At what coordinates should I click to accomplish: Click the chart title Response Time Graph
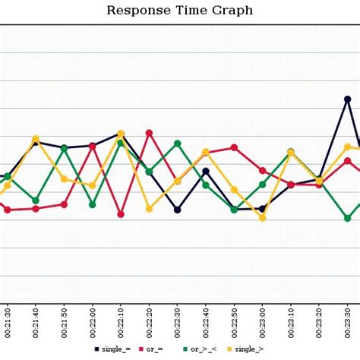coord(179,11)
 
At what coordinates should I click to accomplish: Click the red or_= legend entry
coord(156,349)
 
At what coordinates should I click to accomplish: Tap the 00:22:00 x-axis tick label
coord(93,322)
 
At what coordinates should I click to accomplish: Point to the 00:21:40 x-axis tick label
coord(36,322)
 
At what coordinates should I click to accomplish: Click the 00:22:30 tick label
coord(178,322)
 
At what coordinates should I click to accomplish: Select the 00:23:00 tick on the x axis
coord(262,322)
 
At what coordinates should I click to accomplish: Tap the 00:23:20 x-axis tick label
coord(319,322)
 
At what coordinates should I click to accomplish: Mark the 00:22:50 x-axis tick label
coord(234,322)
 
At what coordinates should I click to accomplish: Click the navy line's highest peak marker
coord(347,99)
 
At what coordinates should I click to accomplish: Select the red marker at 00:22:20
coord(149,133)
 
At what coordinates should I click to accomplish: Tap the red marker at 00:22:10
coord(121,214)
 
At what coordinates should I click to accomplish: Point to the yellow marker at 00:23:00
coord(262,218)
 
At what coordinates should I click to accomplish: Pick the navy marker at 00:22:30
coord(178,210)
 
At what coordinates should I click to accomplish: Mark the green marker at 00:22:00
coord(93,204)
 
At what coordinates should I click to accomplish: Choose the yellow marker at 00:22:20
coord(149,207)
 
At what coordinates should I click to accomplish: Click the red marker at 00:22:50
coord(234,147)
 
